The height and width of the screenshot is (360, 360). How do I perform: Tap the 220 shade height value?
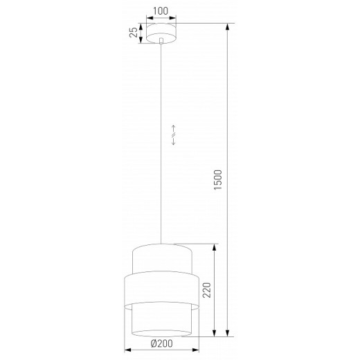206,289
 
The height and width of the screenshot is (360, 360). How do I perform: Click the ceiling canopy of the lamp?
161,33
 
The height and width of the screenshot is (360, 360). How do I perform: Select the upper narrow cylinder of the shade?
161,259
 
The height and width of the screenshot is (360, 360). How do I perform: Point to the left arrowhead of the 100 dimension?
146,18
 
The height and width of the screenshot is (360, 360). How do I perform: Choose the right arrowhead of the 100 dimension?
177,18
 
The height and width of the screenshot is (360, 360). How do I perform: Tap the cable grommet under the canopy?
161,43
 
